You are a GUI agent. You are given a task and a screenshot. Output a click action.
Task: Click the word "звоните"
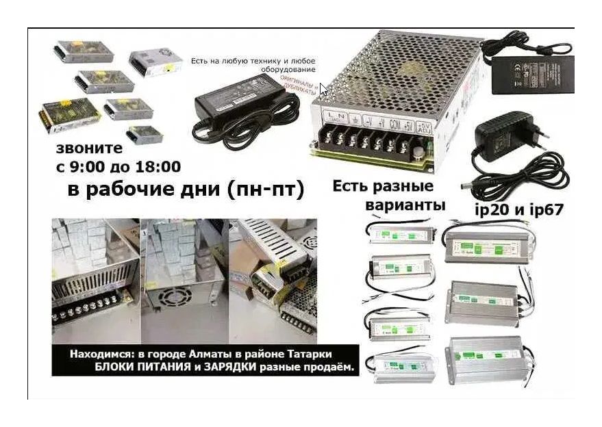pos(89,148)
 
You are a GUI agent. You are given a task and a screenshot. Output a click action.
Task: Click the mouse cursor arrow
pos(323,88)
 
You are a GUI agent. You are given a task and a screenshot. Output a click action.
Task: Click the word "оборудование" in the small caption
pos(288,70)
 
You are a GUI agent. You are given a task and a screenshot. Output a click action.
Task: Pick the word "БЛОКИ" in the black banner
pos(116,367)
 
